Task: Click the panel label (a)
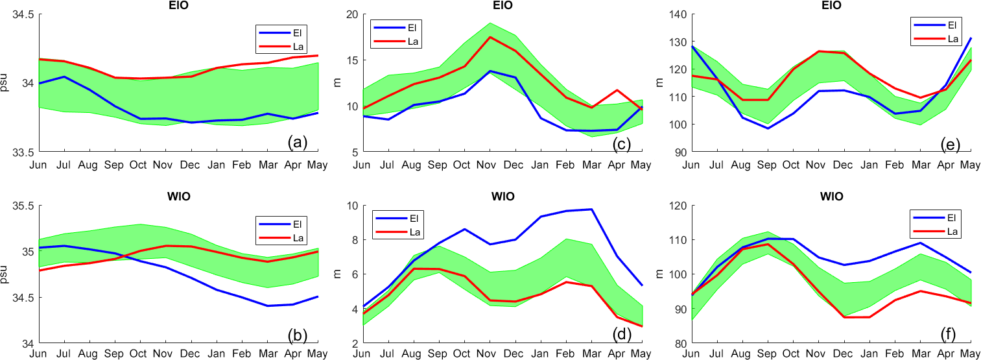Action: click(298, 142)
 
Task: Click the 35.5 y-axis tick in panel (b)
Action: click(24, 206)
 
